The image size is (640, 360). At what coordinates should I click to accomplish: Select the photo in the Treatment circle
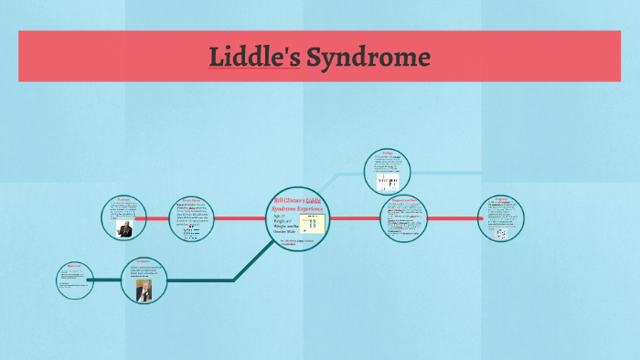point(124,228)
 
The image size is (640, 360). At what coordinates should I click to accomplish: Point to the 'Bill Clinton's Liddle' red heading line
point(299,200)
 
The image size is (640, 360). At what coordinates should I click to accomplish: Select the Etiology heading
point(387,154)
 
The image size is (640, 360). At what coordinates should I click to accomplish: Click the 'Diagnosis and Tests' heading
point(404,199)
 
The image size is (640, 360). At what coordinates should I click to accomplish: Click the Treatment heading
point(123,198)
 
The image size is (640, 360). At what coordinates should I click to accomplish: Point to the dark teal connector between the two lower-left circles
point(107,280)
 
